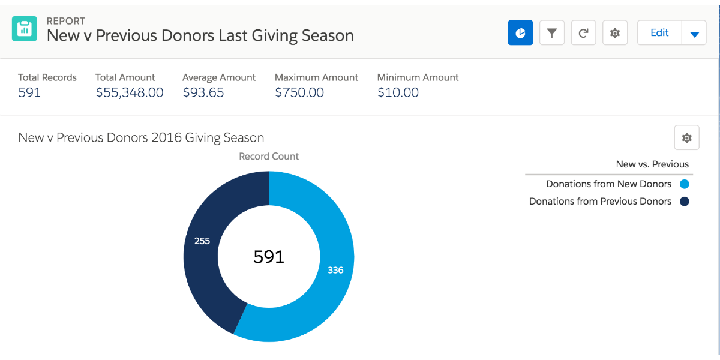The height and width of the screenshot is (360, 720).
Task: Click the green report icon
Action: point(25,28)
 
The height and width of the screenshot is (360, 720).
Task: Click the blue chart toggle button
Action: point(520,33)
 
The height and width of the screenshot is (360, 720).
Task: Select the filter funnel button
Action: point(552,33)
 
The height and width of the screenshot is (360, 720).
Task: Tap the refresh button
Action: point(583,33)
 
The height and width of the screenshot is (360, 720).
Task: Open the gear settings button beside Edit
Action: point(615,33)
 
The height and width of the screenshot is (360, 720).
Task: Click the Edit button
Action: point(659,33)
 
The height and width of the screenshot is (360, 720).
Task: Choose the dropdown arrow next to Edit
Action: point(694,34)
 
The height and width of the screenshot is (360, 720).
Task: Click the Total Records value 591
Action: point(29,92)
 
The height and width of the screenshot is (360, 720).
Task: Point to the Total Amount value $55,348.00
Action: point(130,92)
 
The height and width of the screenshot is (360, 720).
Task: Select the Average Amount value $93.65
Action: point(203,92)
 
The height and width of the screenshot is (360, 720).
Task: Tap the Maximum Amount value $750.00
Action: point(299,92)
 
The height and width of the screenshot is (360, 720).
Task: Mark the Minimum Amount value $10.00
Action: point(398,92)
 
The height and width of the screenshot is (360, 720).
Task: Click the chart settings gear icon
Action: point(687,138)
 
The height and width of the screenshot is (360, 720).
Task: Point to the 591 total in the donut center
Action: point(269,257)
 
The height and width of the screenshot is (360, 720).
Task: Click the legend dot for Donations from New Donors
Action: point(685,184)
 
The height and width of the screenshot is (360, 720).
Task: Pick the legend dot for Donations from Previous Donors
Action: point(685,202)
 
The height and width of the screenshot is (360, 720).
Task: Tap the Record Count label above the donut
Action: point(269,157)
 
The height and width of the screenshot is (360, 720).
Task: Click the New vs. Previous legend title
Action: point(652,164)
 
